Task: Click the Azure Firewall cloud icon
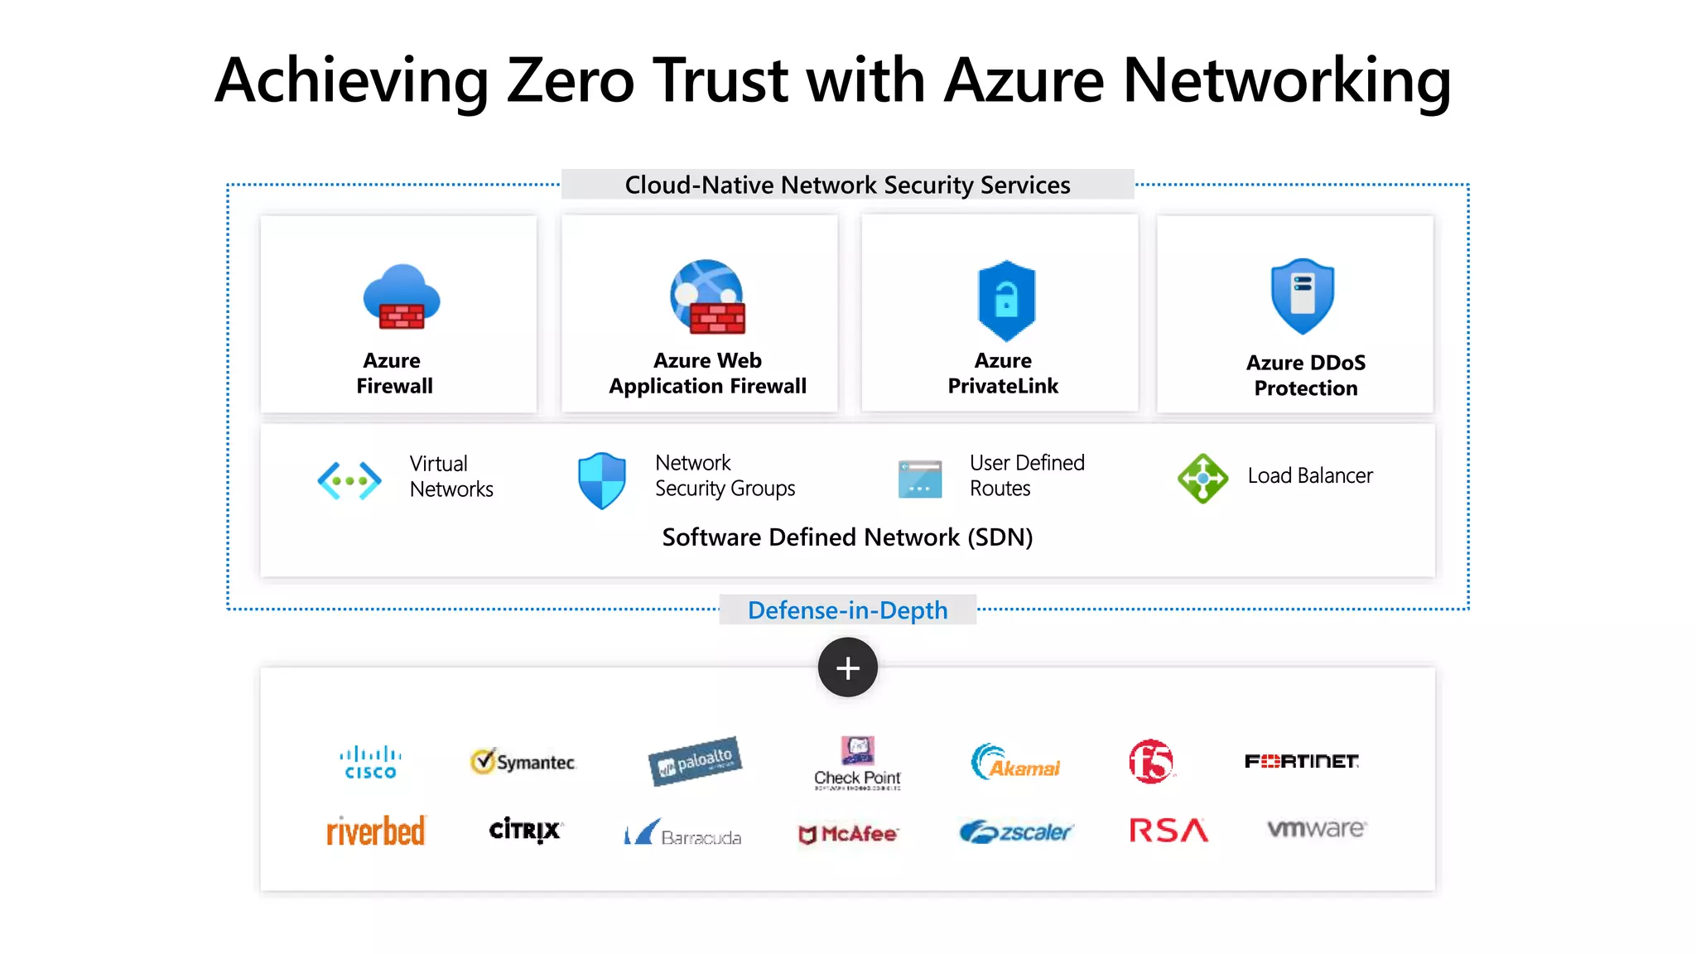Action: (x=402, y=296)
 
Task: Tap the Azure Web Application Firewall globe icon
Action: (x=707, y=296)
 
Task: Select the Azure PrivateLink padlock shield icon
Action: (x=1006, y=300)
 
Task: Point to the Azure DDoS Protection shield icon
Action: (x=1303, y=296)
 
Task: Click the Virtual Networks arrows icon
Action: (x=349, y=480)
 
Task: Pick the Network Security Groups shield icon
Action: (x=602, y=480)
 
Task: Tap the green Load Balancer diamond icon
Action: (x=1202, y=478)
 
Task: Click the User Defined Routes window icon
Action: (x=920, y=479)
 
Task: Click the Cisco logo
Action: (x=370, y=763)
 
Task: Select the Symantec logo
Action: (x=523, y=761)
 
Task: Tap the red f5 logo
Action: (x=1151, y=761)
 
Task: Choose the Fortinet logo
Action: (x=1301, y=761)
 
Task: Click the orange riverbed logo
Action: (x=376, y=831)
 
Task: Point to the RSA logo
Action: (x=1168, y=830)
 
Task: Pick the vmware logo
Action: (x=1317, y=828)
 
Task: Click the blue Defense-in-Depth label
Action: (x=847, y=610)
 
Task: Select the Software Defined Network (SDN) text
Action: (x=847, y=537)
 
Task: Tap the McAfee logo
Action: (x=847, y=834)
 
